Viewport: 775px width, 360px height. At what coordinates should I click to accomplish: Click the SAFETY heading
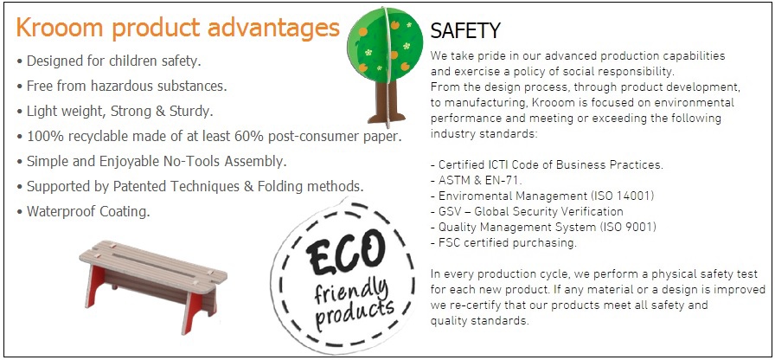pyautogui.click(x=465, y=31)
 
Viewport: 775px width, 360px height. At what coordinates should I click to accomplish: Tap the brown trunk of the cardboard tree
pyautogui.click(x=387, y=101)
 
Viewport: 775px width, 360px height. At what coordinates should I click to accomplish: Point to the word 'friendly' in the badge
pyautogui.click(x=351, y=288)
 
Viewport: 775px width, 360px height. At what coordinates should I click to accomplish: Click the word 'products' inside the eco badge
pyautogui.click(x=355, y=313)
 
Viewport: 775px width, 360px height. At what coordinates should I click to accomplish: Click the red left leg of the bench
pyautogui.click(x=95, y=286)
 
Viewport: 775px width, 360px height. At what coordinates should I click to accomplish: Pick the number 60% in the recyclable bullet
pyautogui.click(x=250, y=137)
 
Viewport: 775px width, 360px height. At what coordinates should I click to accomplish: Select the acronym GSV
pyautogui.click(x=449, y=212)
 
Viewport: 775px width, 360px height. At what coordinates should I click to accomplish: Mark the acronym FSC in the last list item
pyautogui.click(x=449, y=243)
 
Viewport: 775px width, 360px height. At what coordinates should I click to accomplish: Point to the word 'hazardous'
pyautogui.click(x=114, y=86)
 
